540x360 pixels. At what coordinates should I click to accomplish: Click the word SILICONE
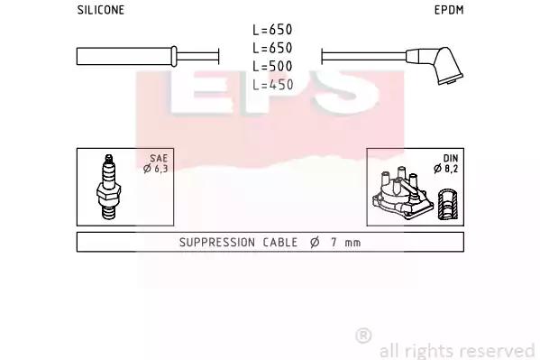[101, 10]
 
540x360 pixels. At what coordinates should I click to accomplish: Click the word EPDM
[449, 10]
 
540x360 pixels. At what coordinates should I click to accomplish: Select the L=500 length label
[272, 66]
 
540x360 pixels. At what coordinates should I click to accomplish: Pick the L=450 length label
[272, 85]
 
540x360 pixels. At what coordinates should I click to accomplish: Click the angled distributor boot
[437, 64]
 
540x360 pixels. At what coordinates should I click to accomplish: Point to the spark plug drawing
[109, 187]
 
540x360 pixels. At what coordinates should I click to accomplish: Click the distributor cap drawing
[402, 194]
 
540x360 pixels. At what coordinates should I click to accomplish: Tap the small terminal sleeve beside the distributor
[447, 204]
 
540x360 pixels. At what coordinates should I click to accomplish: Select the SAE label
[159, 158]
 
